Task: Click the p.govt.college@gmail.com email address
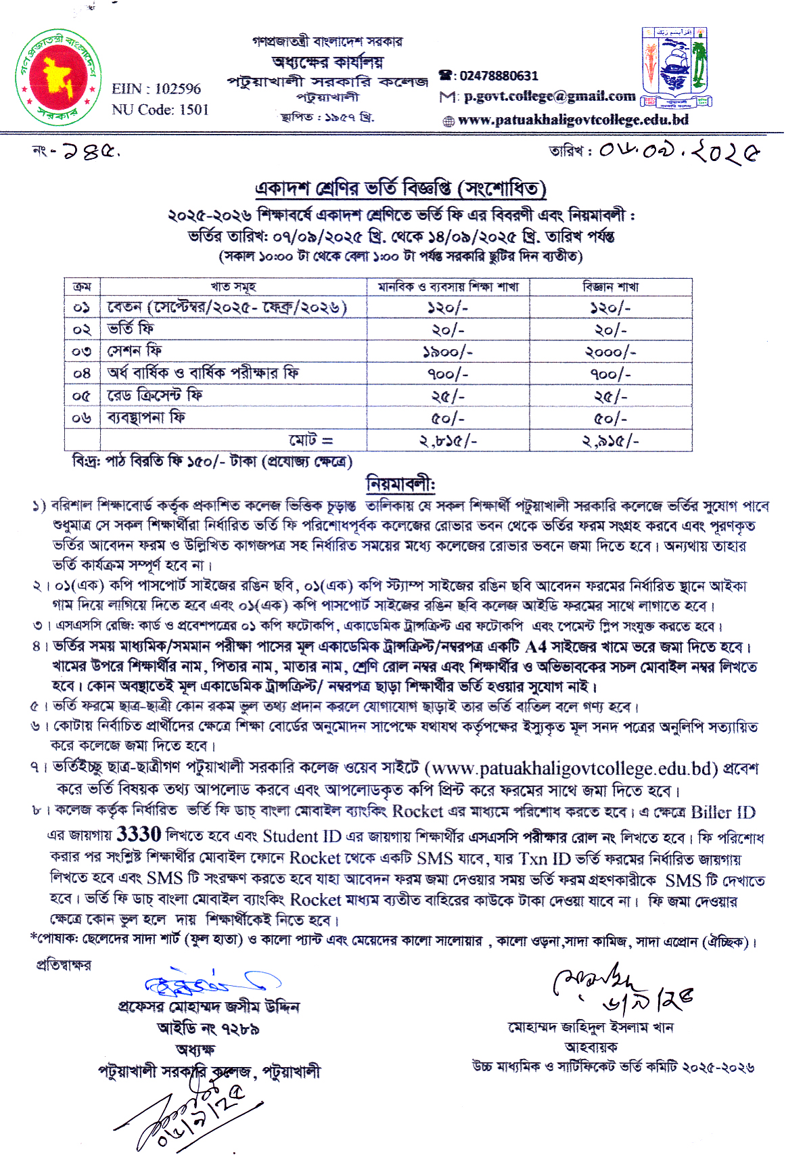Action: point(549,96)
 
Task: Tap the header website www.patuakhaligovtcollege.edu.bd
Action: point(573,120)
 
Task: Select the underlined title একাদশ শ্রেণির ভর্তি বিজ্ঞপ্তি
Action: point(400,188)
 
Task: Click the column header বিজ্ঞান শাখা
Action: point(610,287)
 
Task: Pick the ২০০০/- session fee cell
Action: point(610,352)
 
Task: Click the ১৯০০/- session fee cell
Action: point(448,352)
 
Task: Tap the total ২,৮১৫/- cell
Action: point(448,441)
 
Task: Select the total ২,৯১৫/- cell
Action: point(610,441)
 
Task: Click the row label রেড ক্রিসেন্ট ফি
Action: point(155,395)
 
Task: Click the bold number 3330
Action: point(139,834)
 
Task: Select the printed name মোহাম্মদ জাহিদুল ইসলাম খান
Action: point(591,1028)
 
